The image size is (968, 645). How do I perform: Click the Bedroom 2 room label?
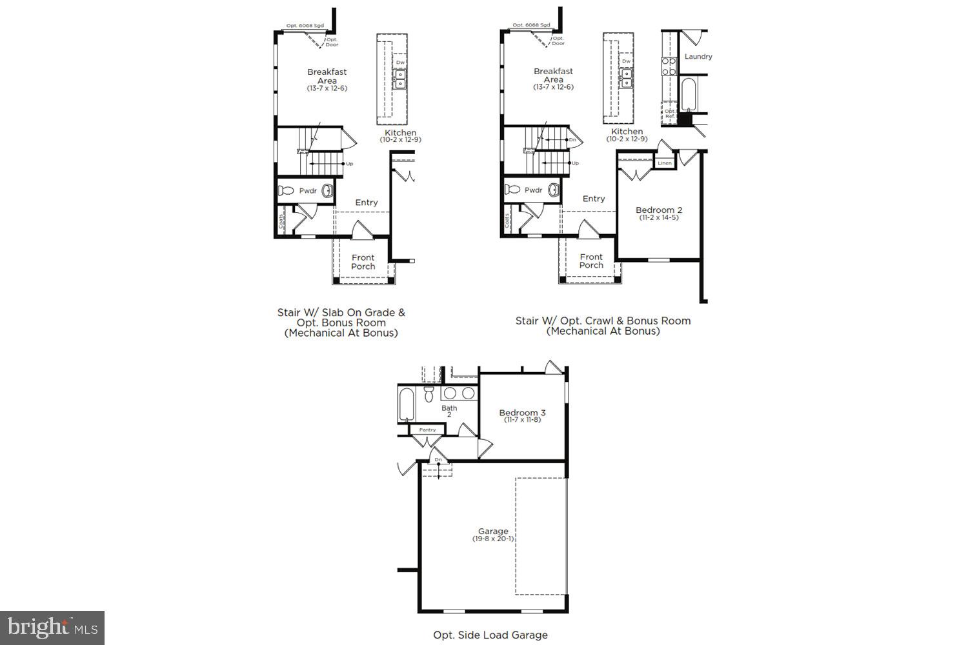[658, 210]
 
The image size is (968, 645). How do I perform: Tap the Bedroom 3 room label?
[522, 413]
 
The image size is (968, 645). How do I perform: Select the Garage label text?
[493, 531]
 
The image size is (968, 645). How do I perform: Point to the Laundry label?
[698, 57]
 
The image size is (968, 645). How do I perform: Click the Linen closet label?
[665, 163]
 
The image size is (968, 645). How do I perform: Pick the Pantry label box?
[427, 430]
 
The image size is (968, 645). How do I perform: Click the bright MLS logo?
[52, 627]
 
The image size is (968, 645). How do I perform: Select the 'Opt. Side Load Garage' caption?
[490, 635]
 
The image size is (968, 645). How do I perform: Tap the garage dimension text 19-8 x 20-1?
[493, 539]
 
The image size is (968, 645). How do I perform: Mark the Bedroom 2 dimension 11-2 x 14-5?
[658, 218]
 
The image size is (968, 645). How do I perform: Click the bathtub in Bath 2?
[407, 404]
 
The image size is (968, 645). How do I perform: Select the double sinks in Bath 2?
[459, 393]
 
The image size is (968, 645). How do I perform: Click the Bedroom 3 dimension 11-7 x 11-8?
[522, 420]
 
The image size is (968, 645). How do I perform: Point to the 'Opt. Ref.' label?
[670, 114]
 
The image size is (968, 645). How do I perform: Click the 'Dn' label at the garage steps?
[439, 460]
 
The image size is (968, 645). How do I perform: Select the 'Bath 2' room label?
[449, 411]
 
